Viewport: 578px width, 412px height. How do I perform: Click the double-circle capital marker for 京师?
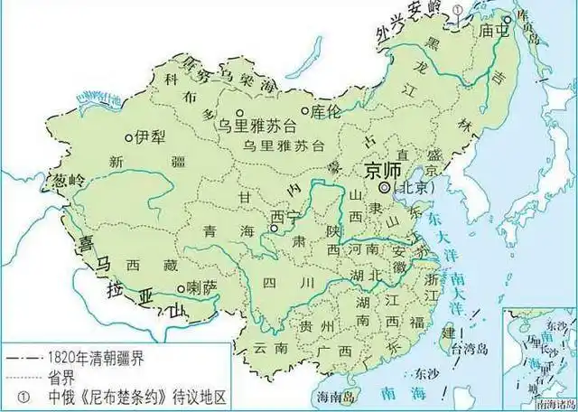click(x=385, y=187)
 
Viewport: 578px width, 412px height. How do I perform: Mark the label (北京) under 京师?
click(x=415, y=188)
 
